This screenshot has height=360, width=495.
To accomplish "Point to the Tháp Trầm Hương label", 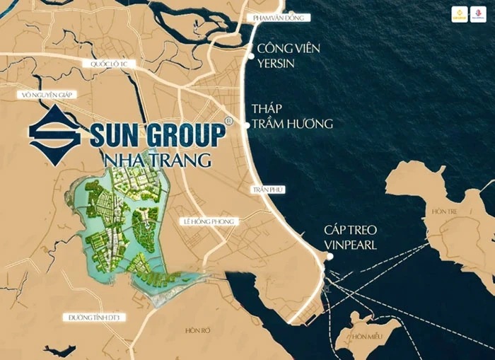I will click(x=291, y=116).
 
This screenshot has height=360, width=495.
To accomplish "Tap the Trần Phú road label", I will click(x=267, y=190).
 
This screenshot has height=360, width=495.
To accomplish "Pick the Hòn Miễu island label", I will click(x=367, y=337).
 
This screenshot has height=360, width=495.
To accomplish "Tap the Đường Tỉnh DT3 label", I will click(x=92, y=317).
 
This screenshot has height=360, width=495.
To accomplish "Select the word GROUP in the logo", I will click(x=183, y=134).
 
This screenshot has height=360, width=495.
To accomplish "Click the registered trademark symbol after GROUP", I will click(x=228, y=122).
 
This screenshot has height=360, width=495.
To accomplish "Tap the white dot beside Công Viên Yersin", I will click(x=249, y=50).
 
